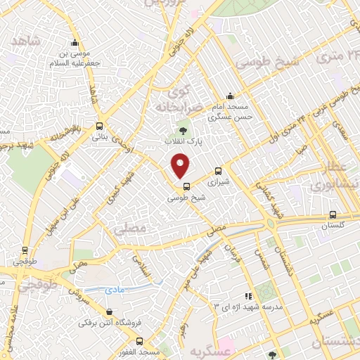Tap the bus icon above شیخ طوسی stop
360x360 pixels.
[186, 186]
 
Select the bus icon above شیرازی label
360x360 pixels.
[217, 170]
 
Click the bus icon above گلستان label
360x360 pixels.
[333, 215]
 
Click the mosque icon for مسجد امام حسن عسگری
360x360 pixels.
[230, 98]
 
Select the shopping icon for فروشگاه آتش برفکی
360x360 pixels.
[108, 312]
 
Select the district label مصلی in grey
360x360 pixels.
[134, 229]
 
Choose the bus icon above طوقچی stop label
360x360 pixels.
[26, 250]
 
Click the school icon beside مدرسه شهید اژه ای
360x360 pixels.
[247, 296]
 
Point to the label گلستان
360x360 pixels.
[335, 227]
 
